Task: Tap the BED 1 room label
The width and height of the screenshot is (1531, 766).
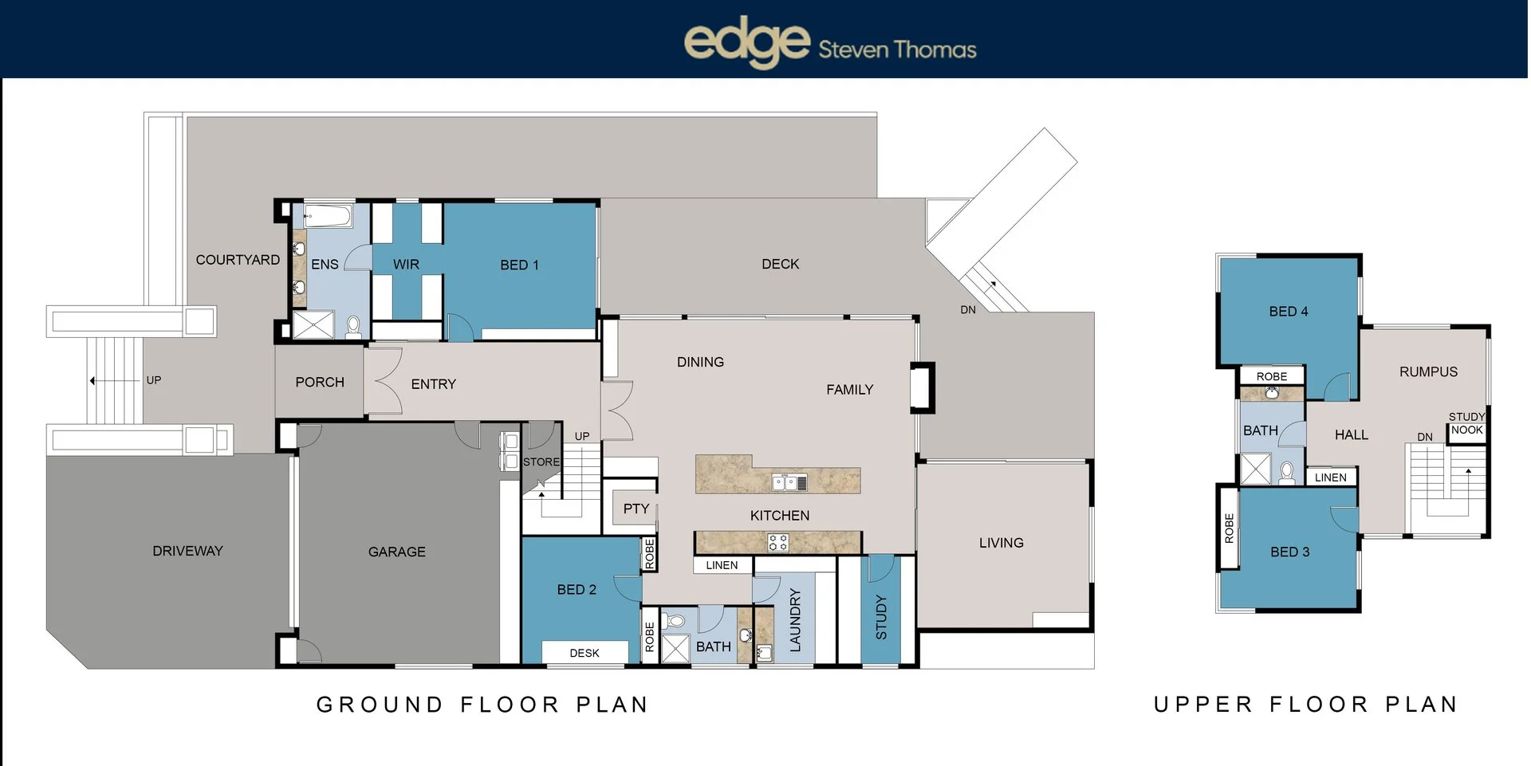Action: [x=519, y=265]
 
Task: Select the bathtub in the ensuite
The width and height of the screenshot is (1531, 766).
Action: [x=328, y=216]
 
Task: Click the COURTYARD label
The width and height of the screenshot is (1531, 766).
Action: [x=238, y=260]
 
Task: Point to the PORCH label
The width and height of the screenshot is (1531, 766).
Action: [x=320, y=382]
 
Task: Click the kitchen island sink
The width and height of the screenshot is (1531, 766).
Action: [x=789, y=481]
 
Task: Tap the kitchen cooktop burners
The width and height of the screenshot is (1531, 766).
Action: [x=778, y=543]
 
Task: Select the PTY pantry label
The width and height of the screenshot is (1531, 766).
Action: [x=636, y=509]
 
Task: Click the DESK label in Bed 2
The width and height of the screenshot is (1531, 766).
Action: [x=584, y=653]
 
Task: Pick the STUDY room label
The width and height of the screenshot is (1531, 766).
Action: [x=881, y=617]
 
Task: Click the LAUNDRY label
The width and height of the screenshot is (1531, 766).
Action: [x=795, y=620]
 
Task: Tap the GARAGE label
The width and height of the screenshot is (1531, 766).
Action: [x=397, y=552]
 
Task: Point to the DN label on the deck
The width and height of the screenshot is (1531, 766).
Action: [x=968, y=310]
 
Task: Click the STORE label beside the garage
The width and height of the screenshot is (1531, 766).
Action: [x=541, y=462]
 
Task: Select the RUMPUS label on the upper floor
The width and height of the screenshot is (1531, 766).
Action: [x=1428, y=371]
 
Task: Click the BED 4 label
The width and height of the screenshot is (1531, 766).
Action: [x=1289, y=312]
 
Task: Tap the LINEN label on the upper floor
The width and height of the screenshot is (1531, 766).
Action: [x=1331, y=477]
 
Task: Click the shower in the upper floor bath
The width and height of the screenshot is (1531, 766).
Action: [x=1255, y=469]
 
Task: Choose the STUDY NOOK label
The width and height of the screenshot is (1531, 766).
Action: [x=1467, y=423]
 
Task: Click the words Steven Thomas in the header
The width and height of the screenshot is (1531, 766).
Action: [x=897, y=49]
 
